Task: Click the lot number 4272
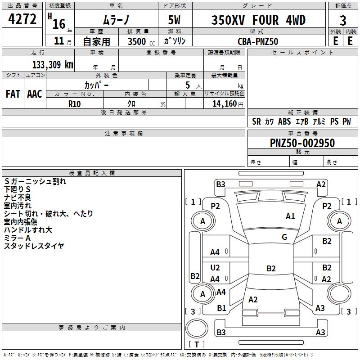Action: (x=22, y=19)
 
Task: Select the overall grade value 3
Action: (x=343, y=21)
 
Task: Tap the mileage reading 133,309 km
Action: (x=53, y=64)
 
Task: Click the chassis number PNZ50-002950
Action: (x=302, y=143)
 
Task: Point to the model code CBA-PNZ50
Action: (x=258, y=41)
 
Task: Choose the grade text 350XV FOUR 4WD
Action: (x=258, y=20)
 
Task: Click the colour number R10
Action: (x=74, y=104)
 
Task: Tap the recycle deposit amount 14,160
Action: (x=225, y=104)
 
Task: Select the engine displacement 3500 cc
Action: (x=141, y=41)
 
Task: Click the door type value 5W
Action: (x=174, y=20)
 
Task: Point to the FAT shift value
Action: (x=13, y=94)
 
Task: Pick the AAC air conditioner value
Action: (x=35, y=94)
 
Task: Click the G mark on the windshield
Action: (x=284, y=237)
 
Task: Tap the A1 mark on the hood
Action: (x=290, y=216)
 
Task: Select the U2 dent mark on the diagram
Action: (x=215, y=268)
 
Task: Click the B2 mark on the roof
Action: (x=271, y=268)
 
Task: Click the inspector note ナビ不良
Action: (x=18, y=198)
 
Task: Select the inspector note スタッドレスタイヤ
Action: (x=34, y=246)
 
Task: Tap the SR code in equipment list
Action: (x=256, y=121)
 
